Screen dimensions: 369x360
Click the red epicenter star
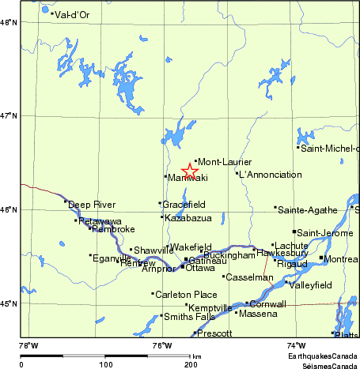pyautogui.click(x=190, y=171)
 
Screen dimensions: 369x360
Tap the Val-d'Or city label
pyautogui.click(x=72, y=14)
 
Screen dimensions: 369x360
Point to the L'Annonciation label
pyautogui.click(x=270, y=175)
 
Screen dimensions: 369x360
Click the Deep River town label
pyautogui.click(x=86, y=204)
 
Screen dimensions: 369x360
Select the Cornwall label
pyautogui.click(x=267, y=304)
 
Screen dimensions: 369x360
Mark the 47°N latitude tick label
pyautogui.click(x=9, y=116)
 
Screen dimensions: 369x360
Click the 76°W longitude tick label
pyautogui.click(x=162, y=345)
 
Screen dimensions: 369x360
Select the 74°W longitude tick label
pyautogui.click(x=296, y=345)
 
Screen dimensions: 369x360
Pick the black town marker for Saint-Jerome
pyautogui.click(x=294, y=232)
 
